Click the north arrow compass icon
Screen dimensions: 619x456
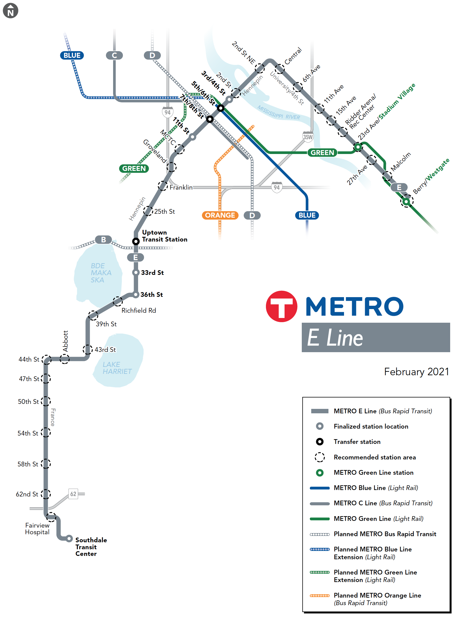tap(11, 11)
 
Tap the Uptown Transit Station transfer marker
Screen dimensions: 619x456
tap(136, 241)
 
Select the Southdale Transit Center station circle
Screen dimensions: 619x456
tap(69, 538)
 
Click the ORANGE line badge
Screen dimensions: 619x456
tap(220, 215)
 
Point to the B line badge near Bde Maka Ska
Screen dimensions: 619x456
tap(103, 239)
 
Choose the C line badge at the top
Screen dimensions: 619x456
tap(114, 55)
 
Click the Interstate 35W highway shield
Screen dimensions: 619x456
tap(308, 137)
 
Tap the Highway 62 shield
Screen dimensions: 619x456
tap(73, 494)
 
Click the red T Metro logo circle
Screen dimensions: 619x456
tap(281, 306)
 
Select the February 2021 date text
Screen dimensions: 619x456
tap(416, 372)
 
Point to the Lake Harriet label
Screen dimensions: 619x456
tap(117, 368)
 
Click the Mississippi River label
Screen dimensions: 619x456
tap(278, 113)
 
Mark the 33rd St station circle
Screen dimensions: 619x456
tap(136, 272)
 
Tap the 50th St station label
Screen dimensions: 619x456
tap(28, 402)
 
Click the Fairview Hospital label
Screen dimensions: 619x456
tap(37, 528)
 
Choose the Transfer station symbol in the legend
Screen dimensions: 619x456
tap(320, 442)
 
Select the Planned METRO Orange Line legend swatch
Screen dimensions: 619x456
tap(320, 595)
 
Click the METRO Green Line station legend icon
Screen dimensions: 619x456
tap(320, 473)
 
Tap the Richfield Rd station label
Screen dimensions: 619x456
tap(139, 310)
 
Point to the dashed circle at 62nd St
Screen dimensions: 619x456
tap(46, 494)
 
